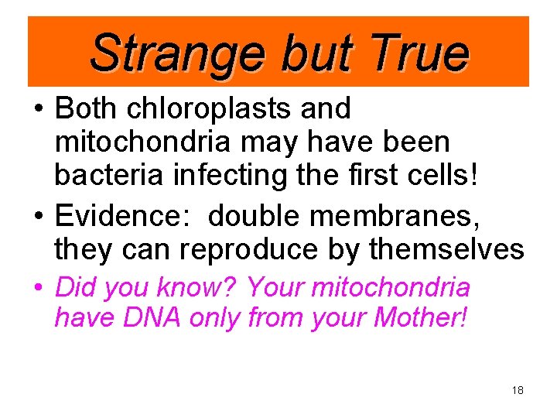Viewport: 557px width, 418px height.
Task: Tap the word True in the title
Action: pyautogui.click(x=419, y=53)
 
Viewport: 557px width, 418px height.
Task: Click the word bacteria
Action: pyautogui.click(x=105, y=176)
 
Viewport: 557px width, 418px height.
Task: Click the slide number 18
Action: pyautogui.click(x=518, y=390)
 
